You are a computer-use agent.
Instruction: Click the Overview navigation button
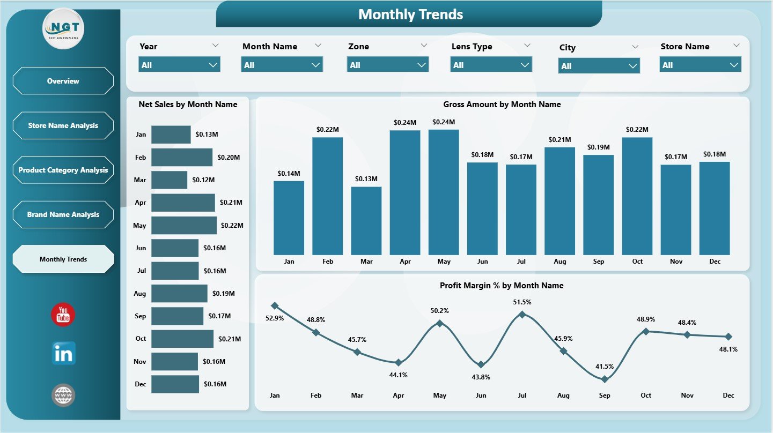coord(63,81)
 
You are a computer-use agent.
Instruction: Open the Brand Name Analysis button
coord(63,214)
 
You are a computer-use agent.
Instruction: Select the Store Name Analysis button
coord(63,125)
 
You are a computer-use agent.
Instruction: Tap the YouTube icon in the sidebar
coord(63,315)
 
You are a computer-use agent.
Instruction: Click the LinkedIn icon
coord(63,354)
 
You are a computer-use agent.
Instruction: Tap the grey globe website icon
coord(63,395)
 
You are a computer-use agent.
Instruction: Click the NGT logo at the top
coord(63,28)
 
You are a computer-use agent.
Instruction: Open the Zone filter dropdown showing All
coord(387,65)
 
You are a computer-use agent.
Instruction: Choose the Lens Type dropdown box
coord(491,65)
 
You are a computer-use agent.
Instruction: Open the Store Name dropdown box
coord(700,65)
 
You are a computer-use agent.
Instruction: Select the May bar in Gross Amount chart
coord(444,192)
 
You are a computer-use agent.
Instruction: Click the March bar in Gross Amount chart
coord(366,221)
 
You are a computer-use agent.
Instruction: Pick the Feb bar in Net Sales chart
coord(182,158)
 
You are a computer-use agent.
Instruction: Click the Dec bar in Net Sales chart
coord(175,384)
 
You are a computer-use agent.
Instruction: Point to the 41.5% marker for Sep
coord(605,379)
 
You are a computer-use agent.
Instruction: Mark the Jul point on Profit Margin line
coord(522,315)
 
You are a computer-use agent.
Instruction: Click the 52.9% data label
coord(275,318)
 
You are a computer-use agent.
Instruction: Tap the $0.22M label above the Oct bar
coord(637,130)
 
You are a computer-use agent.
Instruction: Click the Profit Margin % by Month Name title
coord(502,286)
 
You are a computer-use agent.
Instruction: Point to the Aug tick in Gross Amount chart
coord(559,262)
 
